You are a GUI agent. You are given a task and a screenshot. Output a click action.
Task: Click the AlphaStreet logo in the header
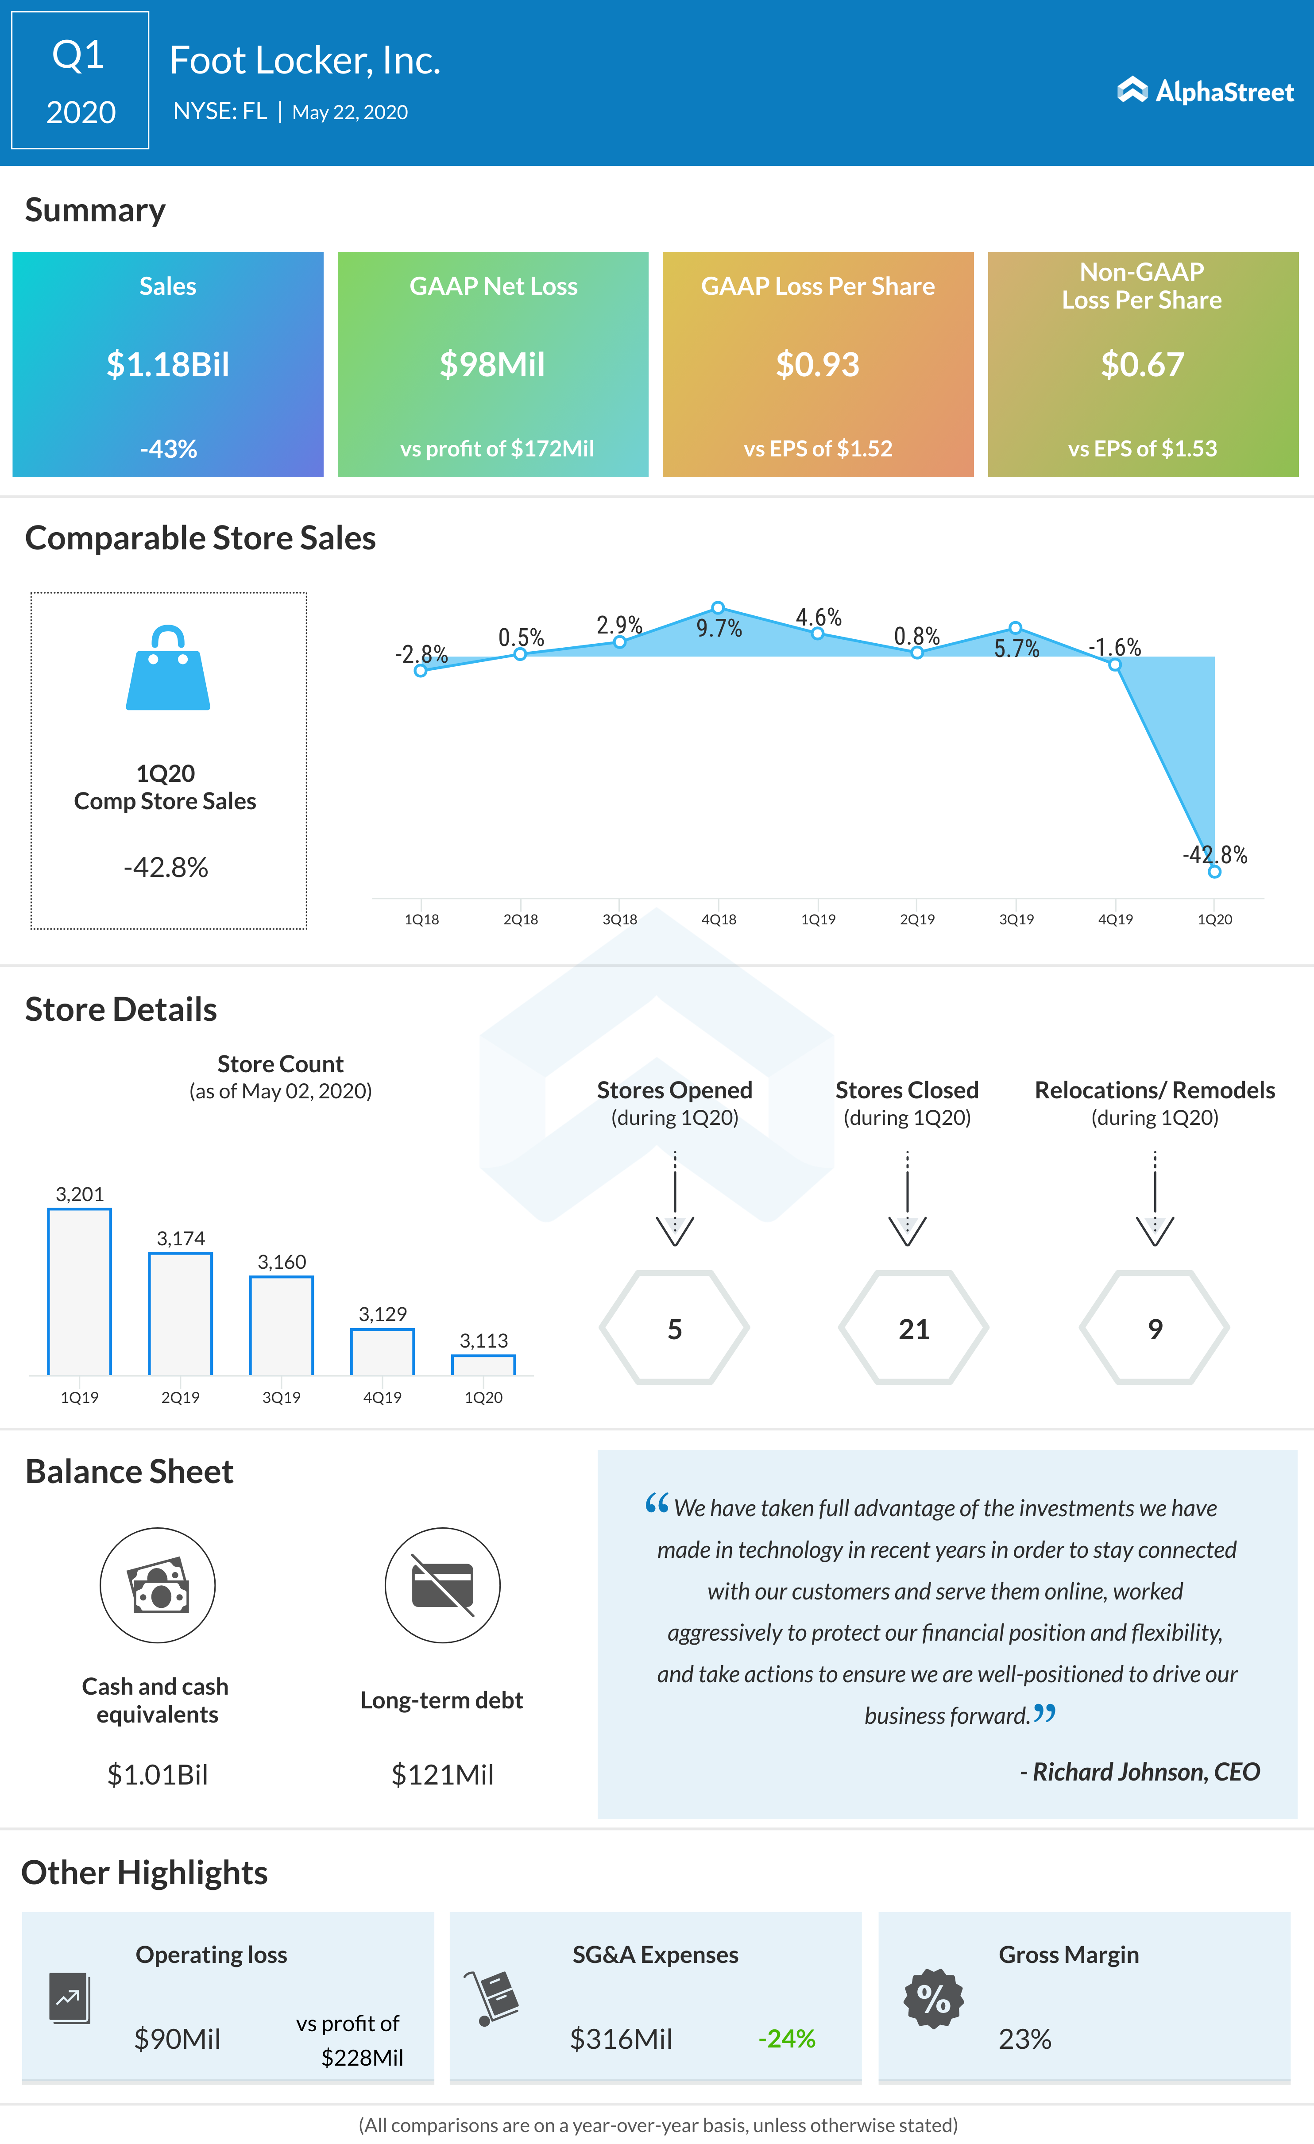(1205, 90)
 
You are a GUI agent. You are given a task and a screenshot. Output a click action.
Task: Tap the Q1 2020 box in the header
(80, 81)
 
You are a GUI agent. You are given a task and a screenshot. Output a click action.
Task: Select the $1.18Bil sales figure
(168, 365)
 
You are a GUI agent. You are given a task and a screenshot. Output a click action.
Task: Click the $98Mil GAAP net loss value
(493, 365)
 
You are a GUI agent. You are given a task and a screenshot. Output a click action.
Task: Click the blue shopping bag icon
(168, 668)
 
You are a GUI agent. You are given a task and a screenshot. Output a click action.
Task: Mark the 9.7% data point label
(719, 628)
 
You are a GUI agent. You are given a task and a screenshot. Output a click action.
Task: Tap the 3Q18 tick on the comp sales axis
(619, 919)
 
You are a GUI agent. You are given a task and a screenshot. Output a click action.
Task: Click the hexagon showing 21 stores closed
(914, 1328)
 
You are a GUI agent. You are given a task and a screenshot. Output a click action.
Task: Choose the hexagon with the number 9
(1155, 1328)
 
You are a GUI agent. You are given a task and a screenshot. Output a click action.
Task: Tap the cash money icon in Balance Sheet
(158, 1585)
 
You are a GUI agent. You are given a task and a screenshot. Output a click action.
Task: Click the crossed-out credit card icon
(442, 1585)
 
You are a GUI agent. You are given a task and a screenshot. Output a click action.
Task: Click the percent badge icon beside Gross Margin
(934, 1999)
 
